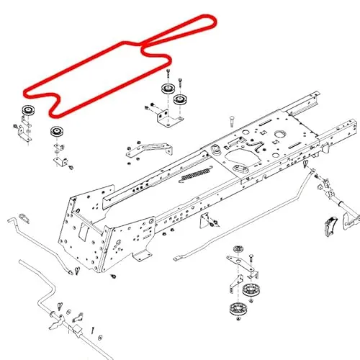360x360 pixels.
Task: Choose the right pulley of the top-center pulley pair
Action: (x=180, y=100)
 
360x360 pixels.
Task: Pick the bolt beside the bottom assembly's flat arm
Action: (x=250, y=257)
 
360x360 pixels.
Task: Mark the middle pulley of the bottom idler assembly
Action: (x=250, y=290)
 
